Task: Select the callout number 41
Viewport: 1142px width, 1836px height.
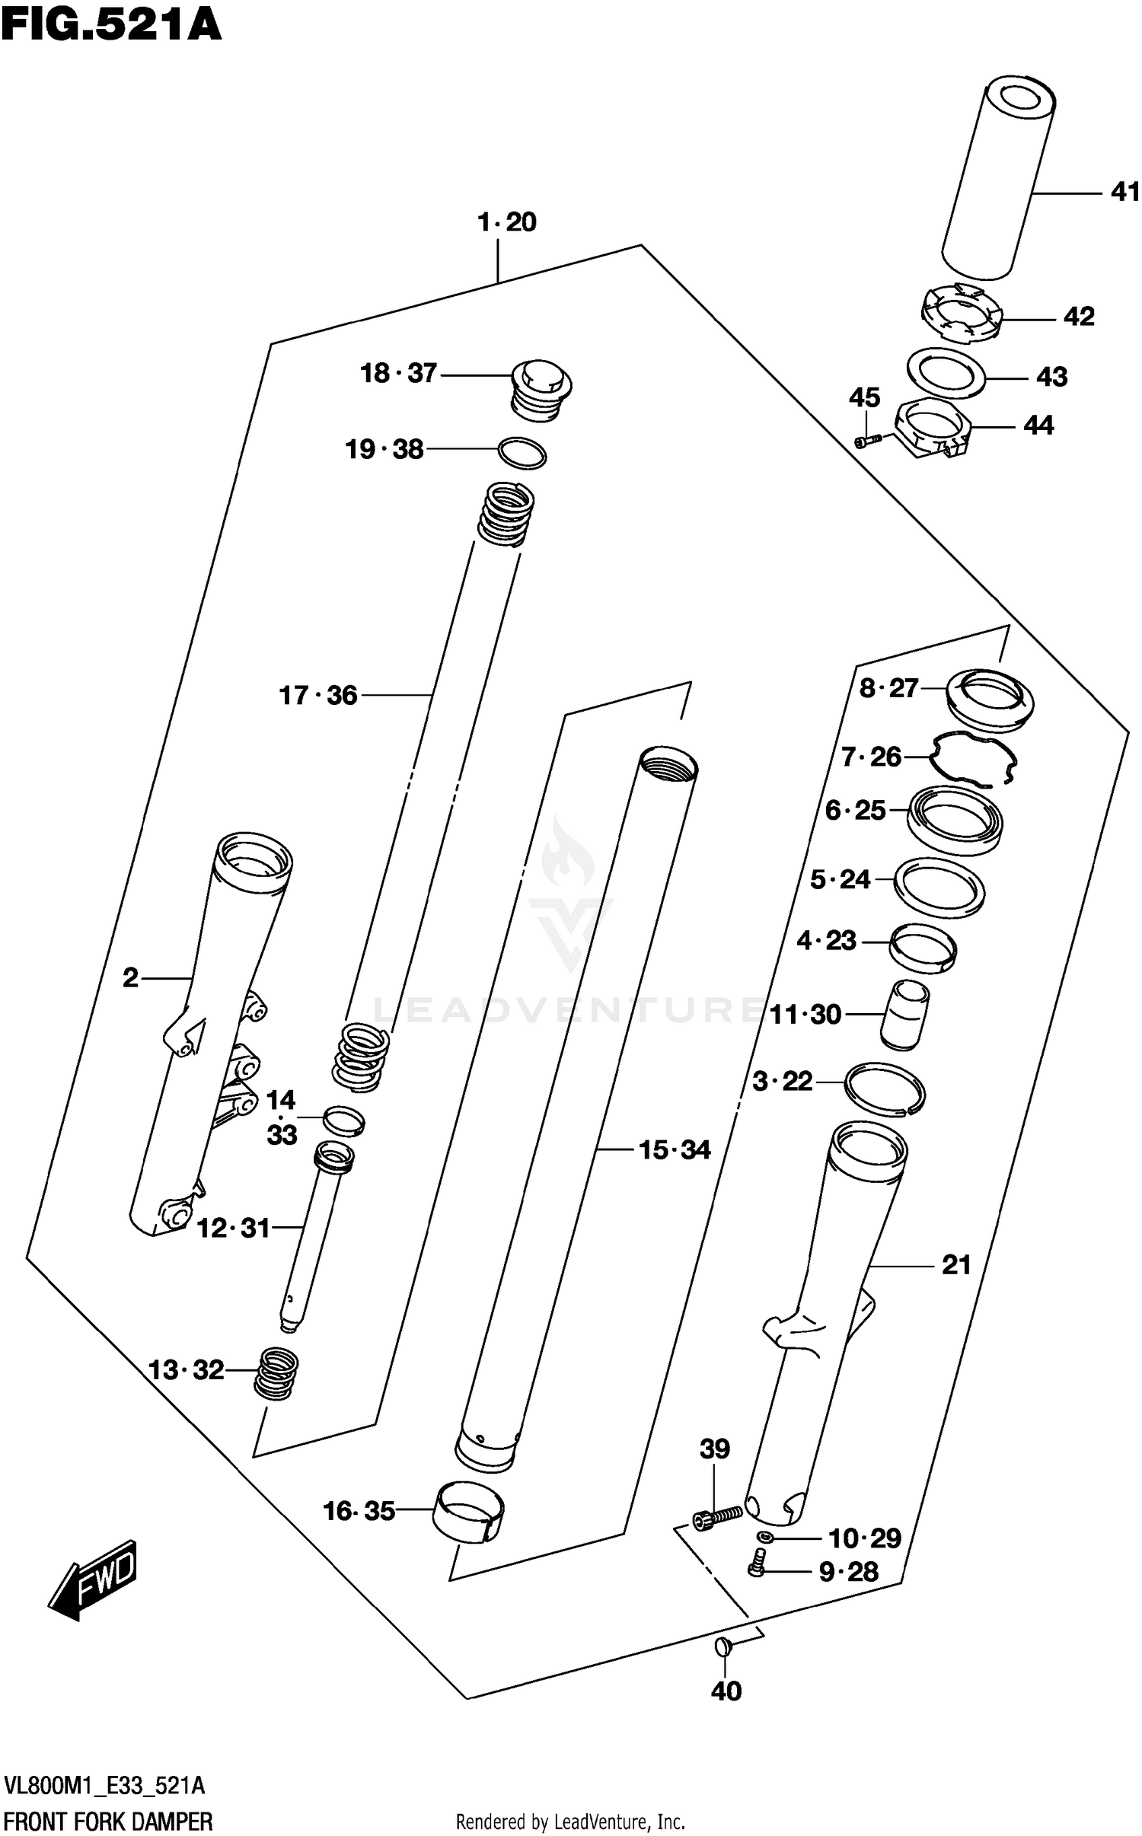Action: [x=1124, y=192]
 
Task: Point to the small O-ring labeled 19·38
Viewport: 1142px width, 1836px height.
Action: [x=522, y=454]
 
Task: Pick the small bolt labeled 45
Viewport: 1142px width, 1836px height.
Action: [x=868, y=440]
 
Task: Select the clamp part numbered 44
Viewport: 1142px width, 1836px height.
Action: [x=933, y=430]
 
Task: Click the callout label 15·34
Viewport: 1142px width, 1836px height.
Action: [x=675, y=1149]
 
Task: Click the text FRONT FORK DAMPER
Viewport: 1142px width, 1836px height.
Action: [x=108, y=1822]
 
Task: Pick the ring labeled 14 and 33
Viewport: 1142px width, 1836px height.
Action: [x=344, y=1120]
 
